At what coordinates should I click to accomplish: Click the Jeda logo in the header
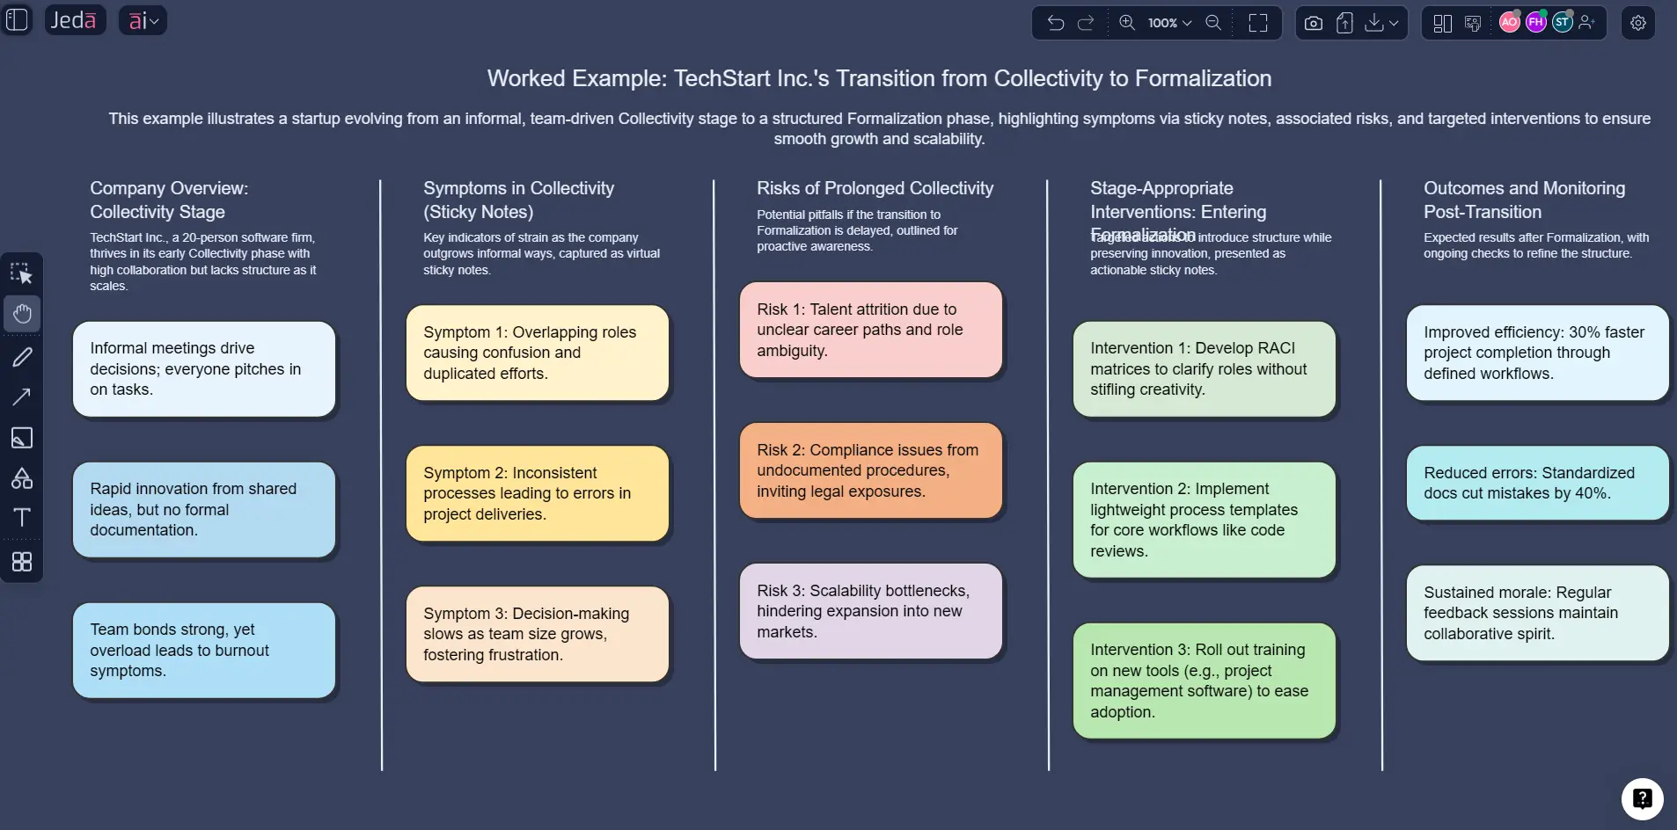click(x=74, y=20)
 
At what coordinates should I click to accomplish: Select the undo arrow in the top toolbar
click(x=1056, y=23)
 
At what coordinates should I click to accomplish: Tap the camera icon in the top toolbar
click(x=1313, y=23)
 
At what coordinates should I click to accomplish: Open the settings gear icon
click(x=1637, y=23)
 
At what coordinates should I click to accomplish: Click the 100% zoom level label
click(x=1162, y=23)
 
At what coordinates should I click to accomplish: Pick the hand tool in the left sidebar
click(x=22, y=314)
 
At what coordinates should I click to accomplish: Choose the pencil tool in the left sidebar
click(x=22, y=356)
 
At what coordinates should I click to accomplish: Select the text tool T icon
click(x=22, y=517)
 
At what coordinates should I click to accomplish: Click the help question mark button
click(x=1642, y=798)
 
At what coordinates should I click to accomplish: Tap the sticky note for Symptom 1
click(x=537, y=353)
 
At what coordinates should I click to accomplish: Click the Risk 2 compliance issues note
click(x=870, y=470)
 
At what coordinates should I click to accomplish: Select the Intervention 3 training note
click(x=1204, y=681)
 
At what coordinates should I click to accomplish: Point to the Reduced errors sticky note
click(x=1537, y=483)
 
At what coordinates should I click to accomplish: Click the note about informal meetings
click(x=203, y=368)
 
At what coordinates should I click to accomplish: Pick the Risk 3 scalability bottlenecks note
click(x=870, y=611)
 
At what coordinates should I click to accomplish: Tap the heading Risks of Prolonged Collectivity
click(x=875, y=188)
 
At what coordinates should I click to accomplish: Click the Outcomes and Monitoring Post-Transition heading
click(x=1524, y=200)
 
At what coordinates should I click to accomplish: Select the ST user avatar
click(x=1562, y=23)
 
